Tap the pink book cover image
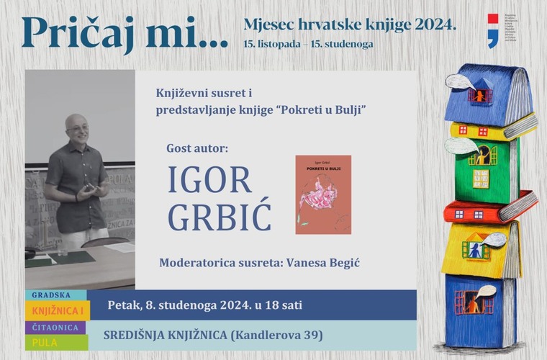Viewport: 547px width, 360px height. pos(323,194)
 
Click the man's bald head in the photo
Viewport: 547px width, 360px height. pos(77,126)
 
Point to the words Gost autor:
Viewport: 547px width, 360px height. pos(196,148)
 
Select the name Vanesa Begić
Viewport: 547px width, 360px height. pos(322,263)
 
